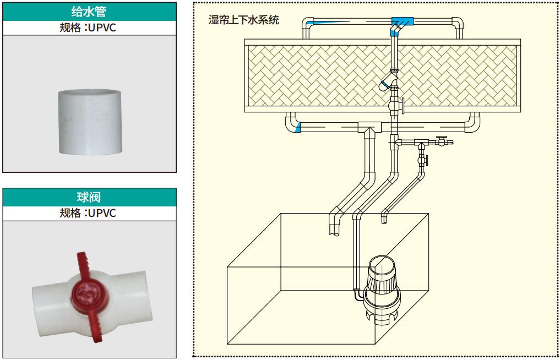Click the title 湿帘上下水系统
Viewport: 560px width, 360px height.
[x=244, y=21]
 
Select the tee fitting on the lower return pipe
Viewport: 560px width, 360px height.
[x=367, y=128]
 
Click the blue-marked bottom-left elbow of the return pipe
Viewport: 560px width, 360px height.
[x=294, y=127]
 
